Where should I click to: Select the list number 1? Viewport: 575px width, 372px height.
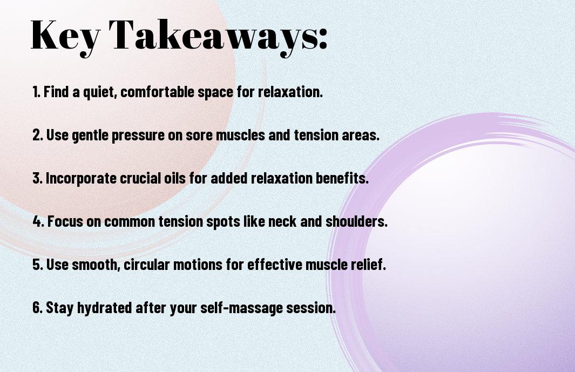click(36, 92)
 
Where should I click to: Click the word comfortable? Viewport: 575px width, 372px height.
click(157, 92)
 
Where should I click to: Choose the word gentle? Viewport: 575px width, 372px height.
click(90, 136)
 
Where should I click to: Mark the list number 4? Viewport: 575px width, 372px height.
click(38, 221)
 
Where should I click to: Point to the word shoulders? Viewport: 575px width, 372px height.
click(356, 221)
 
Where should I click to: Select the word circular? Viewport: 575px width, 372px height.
click(147, 265)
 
